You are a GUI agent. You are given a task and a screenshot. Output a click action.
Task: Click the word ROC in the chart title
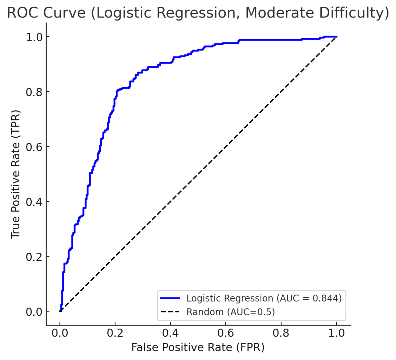pyautogui.click(x=22, y=13)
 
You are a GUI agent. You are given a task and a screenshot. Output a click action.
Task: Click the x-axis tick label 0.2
pyautogui.click(x=115, y=333)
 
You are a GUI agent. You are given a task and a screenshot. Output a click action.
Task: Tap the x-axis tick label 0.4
pyautogui.click(x=170, y=333)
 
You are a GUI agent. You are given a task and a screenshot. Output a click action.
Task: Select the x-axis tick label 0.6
pyautogui.click(x=226, y=333)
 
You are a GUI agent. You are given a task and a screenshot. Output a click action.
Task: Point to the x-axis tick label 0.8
pyautogui.click(x=281, y=333)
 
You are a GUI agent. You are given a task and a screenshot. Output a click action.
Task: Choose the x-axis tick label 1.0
pyautogui.click(x=336, y=333)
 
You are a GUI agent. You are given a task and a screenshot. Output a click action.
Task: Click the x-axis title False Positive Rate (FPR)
pyautogui.click(x=198, y=347)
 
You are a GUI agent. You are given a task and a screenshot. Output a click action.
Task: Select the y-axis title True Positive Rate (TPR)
pyautogui.click(x=16, y=174)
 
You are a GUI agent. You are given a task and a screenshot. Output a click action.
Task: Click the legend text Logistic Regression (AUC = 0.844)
pyautogui.click(x=264, y=298)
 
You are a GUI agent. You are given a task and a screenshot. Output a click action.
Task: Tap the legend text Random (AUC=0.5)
pyautogui.click(x=230, y=312)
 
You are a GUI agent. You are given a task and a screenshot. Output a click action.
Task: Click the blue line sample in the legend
pyautogui.click(x=170, y=298)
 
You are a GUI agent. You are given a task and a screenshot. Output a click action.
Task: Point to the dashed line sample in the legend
pyautogui.click(x=170, y=312)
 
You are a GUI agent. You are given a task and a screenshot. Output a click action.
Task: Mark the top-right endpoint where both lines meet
pyautogui.click(x=336, y=37)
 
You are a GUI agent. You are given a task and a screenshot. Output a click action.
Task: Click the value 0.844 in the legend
pyautogui.click(x=326, y=298)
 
